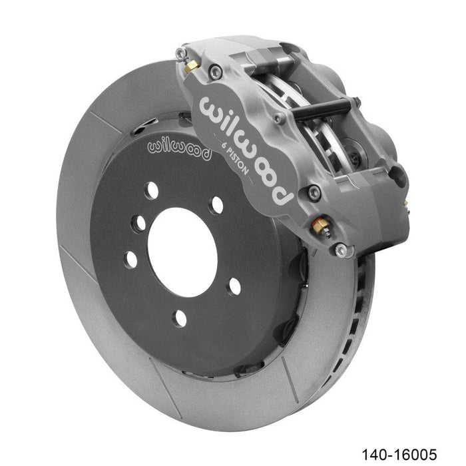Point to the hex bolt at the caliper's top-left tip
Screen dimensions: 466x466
pos(182,52)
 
